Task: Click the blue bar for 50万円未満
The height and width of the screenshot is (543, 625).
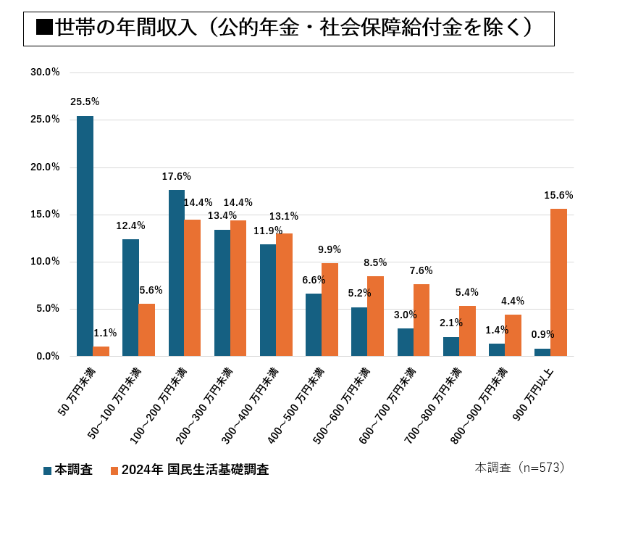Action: click(x=85, y=236)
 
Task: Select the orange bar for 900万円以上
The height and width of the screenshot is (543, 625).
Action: click(x=558, y=282)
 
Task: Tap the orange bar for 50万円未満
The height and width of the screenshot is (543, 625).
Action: click(x=101, y=351)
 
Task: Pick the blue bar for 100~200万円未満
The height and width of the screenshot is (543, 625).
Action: click(x=177, y=273)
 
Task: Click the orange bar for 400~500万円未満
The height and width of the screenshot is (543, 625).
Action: click(x=330, y=310)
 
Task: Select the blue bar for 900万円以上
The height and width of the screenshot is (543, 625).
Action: click(x=542, y=352)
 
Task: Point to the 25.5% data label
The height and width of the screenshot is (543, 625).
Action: click(x=85, y=102)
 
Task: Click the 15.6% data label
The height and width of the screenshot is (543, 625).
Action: click(x=558, y=195)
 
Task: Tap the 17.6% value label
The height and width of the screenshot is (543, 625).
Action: click(x=177, y=176)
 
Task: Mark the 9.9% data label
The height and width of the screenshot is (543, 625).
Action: click(x=330, y=249)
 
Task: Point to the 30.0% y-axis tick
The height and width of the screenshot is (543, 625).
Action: click(x=45, y=72)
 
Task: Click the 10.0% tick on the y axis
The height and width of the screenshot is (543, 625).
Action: click(x=45, y=261)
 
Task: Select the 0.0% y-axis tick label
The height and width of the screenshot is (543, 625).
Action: click(x=48, y=356)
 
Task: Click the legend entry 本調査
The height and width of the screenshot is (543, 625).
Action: click(x=68, y=470)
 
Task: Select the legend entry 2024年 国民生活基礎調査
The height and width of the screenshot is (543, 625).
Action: click(x=190, y=470)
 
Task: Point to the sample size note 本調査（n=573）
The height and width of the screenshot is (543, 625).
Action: click(x=520, y=468)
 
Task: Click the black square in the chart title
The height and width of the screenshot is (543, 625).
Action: click(x=44, y=28)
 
